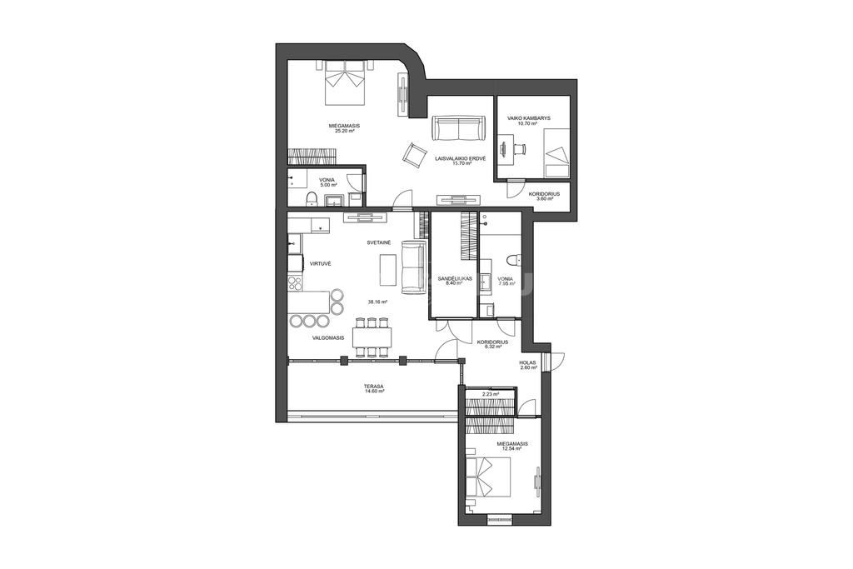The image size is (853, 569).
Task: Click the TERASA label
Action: point(374,387)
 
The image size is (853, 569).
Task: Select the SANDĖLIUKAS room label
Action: point(455,278)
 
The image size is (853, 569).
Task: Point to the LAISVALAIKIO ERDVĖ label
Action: point(460,158)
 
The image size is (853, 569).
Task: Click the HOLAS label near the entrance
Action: point(527,363)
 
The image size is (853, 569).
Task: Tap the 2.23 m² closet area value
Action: point(491,394)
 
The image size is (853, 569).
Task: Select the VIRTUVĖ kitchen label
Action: point(321,263)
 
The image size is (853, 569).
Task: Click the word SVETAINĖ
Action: point(379,242)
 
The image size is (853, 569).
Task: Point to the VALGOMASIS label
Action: point(328,337)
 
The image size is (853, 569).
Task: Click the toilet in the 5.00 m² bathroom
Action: point(312,199)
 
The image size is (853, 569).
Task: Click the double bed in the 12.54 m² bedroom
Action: point(489,477)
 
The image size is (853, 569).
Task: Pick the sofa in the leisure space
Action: point(459,127)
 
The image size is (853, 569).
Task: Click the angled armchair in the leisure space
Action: point(414,153)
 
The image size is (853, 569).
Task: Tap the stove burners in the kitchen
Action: point(294,282)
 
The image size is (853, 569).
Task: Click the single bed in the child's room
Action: point(557,152)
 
